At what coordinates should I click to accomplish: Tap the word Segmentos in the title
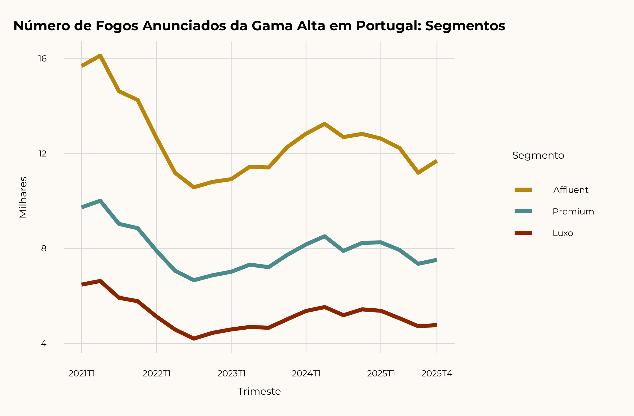(x=465, y=26)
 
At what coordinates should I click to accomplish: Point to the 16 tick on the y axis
(x=43, y=58)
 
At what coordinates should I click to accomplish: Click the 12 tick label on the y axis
(x=43, y=154)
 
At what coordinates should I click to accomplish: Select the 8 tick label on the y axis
(x=44, y=249)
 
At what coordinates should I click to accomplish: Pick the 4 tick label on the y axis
(x=44, y=344)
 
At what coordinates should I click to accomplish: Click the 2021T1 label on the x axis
(x=82, y=374)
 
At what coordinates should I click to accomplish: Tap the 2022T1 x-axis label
(x=157, y=374)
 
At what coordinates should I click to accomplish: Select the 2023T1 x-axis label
(x=232, y=374)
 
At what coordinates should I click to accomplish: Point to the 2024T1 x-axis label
(x=306, y=374)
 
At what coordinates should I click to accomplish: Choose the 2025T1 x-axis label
(x=381, y=374)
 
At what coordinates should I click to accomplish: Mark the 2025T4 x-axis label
(x=437, y=374)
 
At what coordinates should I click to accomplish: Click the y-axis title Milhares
(x=23, y=197)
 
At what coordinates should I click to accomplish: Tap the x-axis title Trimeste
(x=259, y=392)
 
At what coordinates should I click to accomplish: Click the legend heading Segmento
(x=538, y=155)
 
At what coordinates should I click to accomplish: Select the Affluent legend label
(x=571, y=190)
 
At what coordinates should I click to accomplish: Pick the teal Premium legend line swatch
(x=523, y=211)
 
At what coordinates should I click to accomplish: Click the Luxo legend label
(x=563, y=233)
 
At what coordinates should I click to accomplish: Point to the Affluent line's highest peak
(x=100, y=55)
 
